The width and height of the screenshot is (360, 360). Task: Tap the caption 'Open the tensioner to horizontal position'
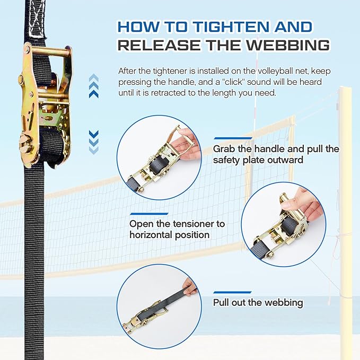[x=177, y=229]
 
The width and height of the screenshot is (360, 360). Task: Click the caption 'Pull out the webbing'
[x=258, y=303]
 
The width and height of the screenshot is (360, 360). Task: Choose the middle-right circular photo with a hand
[x=283, y=225]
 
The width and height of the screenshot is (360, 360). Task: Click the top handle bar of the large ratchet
[x=48, y=52]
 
